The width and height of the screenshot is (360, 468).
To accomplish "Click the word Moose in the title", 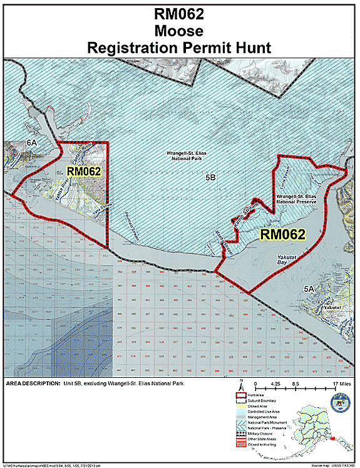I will tap(180, 30).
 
